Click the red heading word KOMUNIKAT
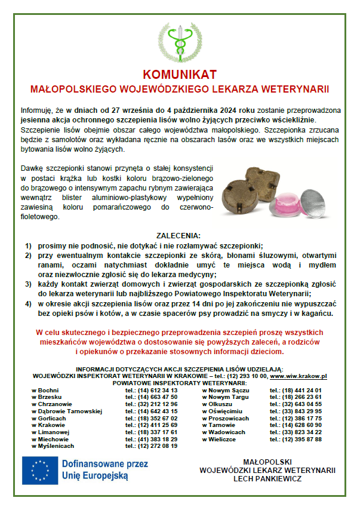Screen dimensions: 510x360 tap(180, 75)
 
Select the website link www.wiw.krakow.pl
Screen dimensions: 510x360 tap(299, 376)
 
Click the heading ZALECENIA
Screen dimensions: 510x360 tap(179, 236)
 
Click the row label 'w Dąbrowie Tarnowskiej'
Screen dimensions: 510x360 tap(67, 411)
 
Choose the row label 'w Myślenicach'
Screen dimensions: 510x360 tap(53, 446)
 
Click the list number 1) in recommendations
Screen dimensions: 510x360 tap(27, 245)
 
